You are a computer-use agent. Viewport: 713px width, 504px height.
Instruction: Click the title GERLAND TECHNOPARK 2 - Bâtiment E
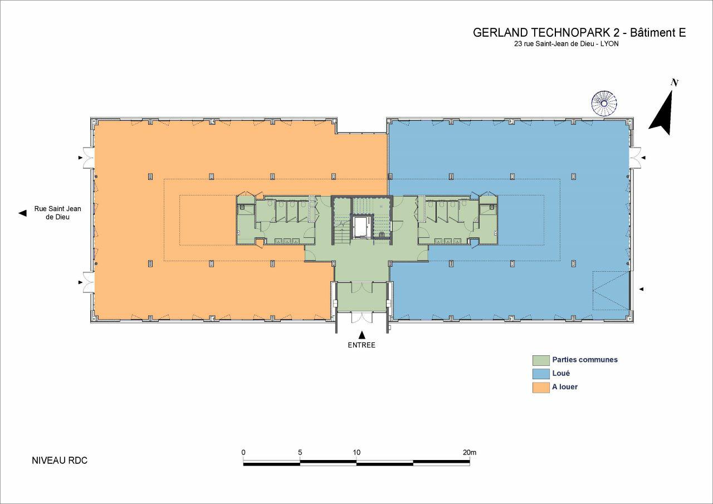[579, 33]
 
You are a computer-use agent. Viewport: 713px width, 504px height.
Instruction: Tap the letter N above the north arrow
[674, 83]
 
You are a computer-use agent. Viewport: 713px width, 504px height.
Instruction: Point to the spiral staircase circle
[604, 104]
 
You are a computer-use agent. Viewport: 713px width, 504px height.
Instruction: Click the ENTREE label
[362, 345]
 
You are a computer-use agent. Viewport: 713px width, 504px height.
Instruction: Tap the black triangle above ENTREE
[362, 335]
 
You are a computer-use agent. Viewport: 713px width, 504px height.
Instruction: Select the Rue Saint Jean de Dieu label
[57, 213]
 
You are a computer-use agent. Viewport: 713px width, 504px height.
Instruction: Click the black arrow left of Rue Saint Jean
[22, 213]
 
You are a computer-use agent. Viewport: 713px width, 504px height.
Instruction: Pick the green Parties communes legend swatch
[541, 360]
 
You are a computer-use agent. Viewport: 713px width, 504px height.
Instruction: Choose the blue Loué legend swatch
[541, 374]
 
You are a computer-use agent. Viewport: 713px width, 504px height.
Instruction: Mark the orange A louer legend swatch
[541, 388]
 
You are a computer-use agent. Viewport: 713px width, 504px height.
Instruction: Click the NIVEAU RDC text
[60, 461]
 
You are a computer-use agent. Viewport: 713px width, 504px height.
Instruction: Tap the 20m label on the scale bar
[470, 452]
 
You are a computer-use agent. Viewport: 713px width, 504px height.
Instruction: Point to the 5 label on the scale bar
[300, 452]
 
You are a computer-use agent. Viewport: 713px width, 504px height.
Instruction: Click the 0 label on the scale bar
[243, 452]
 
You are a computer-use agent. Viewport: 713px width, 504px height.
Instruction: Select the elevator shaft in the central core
[362, 226]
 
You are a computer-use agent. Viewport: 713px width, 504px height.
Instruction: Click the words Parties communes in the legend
[585, 360]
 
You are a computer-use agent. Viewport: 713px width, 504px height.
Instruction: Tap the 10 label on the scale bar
[356, 452]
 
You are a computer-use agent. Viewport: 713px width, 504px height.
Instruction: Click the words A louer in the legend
[565, 387]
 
